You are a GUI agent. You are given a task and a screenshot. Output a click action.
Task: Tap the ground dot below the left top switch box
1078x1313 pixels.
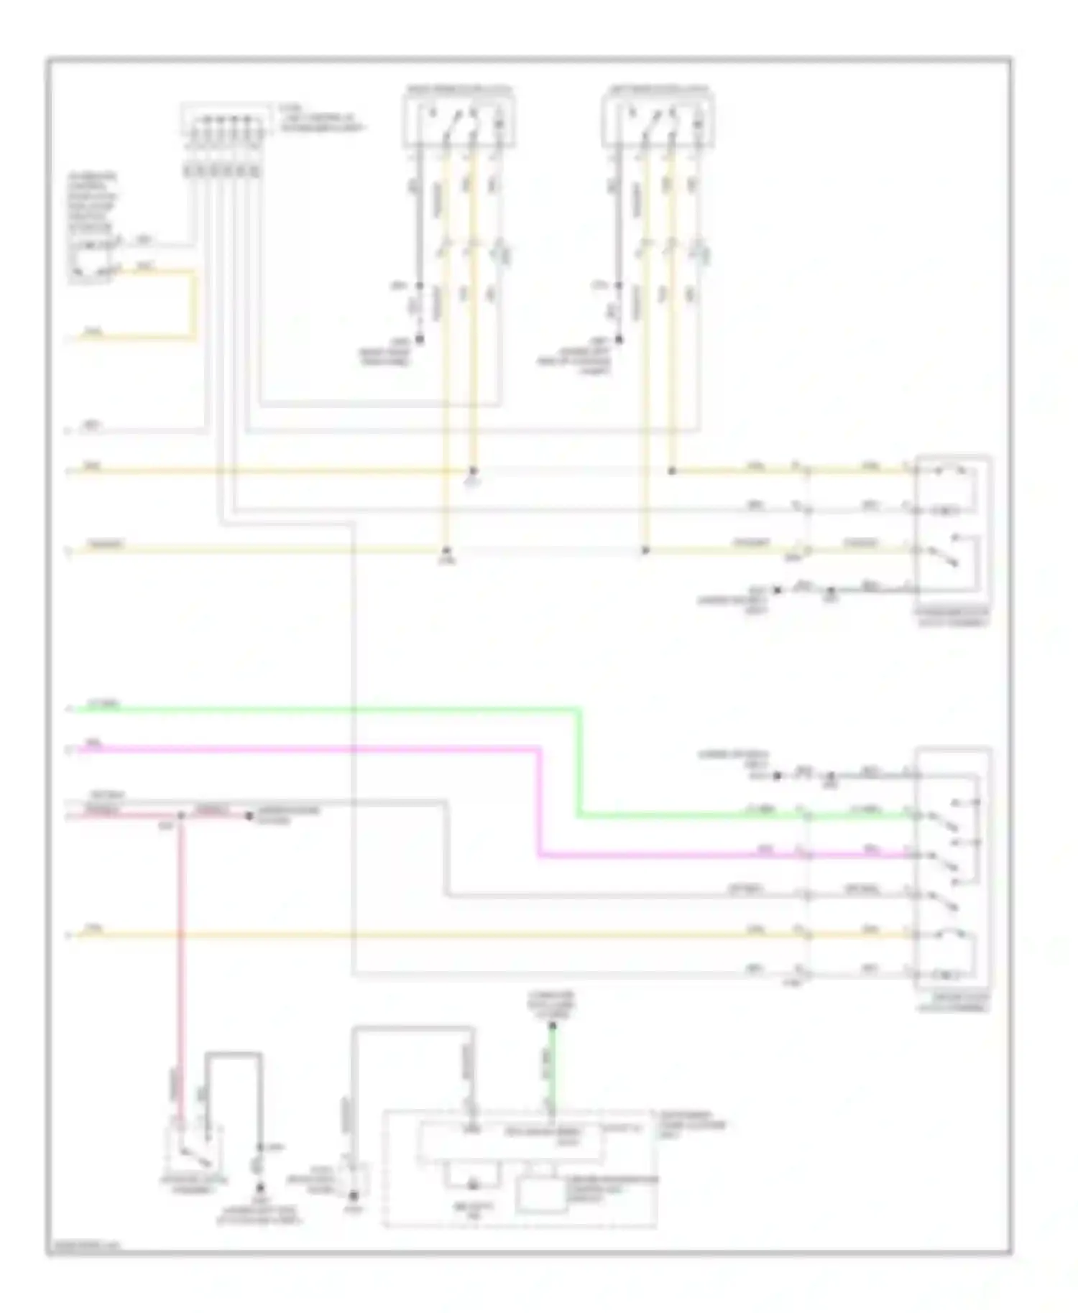coord(420,339)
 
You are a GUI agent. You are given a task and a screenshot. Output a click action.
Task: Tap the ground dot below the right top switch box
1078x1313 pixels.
coord(619,339)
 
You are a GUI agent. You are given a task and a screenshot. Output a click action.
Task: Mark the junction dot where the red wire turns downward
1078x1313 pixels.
coord(181,816)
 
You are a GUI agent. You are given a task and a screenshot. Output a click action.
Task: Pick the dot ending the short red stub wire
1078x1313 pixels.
coord(249,816)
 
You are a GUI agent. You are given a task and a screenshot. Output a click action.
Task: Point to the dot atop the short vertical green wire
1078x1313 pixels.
coord(553,1025)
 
